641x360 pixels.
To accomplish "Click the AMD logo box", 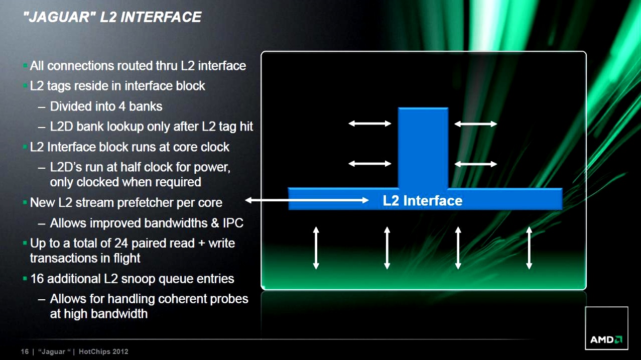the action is point(606,328).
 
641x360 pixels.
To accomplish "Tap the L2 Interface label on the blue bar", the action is point(422,201).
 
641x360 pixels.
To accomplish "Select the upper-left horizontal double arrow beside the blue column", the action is point(370,124).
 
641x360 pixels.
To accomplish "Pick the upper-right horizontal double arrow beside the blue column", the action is point(475,124).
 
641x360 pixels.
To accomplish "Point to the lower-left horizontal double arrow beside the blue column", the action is point(370,163).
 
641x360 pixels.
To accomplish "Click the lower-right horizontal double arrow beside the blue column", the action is point(475,164).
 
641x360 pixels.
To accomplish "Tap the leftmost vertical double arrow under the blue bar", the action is point(316,248).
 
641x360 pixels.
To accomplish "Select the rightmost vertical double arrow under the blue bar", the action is point(529,248).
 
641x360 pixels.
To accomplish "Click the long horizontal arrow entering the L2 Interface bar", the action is point(307,200).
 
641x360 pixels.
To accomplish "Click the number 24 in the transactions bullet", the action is point(121,243).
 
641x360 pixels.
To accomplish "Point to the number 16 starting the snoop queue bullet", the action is point(37,279).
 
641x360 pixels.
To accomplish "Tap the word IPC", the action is point(233,223).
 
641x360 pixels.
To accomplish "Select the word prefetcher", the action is point(145,203).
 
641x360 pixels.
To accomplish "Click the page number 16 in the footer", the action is point(25,351).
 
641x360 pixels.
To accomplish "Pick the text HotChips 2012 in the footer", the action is point(103,351).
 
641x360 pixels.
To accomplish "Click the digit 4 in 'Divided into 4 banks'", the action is point(122,106).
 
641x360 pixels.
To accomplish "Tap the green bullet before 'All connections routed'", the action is point(25,66).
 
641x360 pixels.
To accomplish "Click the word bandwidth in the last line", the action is point(119,314).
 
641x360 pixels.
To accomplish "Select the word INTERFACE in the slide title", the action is point(161,17).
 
